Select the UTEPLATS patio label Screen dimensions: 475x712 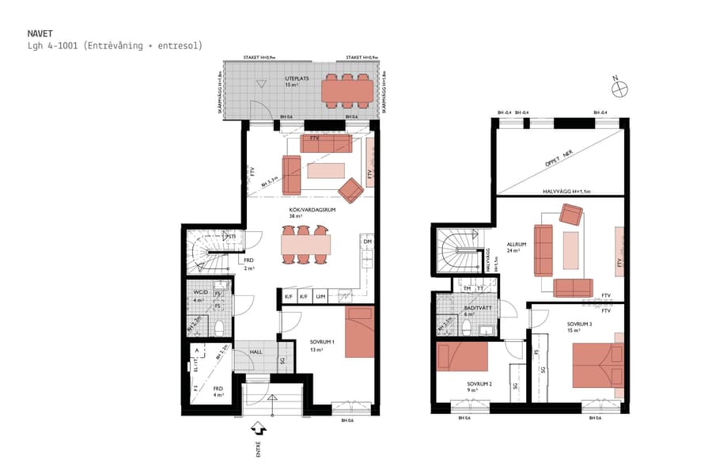tap(296, 79)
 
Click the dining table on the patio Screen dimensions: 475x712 tap(347, 91)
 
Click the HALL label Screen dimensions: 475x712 tap(256, 352)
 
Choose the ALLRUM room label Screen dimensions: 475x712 tap(515, 246)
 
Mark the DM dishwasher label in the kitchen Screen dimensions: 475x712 tap(367, 241)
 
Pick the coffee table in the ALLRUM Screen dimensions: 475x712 tap(570, 250)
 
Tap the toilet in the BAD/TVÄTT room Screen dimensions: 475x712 tap(468, 327)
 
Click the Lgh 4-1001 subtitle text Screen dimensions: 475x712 tap(114, 46)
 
